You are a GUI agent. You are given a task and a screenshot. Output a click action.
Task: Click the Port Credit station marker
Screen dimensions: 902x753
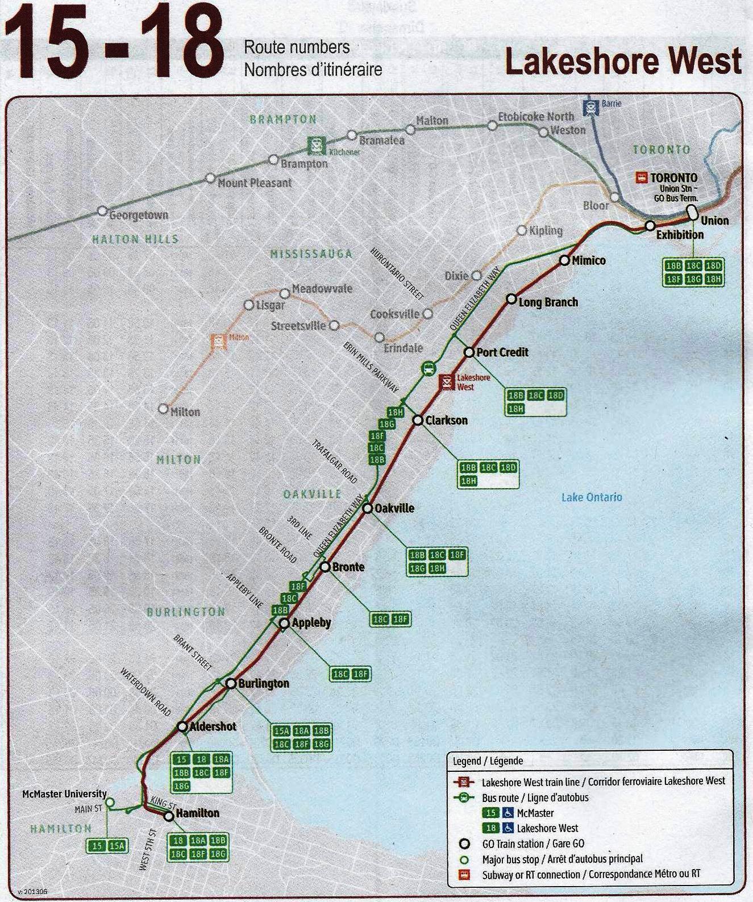469,352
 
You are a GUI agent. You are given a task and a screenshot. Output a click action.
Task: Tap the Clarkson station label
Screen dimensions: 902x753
447,421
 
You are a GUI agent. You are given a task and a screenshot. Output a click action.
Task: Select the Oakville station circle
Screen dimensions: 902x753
367,508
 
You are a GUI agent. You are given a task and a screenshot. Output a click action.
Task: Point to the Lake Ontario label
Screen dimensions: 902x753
592,497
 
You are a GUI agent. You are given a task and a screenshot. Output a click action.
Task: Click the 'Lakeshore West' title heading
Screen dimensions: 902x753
623,61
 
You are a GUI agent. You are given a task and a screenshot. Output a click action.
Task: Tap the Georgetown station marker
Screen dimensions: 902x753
102,211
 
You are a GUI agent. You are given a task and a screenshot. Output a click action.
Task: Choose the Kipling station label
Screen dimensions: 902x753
546,231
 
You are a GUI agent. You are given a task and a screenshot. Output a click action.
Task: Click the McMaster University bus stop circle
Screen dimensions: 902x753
110,803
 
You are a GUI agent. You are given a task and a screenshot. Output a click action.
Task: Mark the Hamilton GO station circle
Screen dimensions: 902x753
169,816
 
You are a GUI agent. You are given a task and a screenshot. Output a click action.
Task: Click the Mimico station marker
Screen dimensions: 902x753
564,260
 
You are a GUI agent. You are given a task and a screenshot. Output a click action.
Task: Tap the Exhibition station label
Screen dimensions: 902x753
680,235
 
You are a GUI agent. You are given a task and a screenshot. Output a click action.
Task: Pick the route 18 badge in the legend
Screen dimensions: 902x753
490,828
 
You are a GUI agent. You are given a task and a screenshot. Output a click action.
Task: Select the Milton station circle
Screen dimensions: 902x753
164,409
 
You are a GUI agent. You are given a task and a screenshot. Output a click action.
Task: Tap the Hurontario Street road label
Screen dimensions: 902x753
397,274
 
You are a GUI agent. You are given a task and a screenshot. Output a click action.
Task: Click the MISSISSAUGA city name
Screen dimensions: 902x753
311,254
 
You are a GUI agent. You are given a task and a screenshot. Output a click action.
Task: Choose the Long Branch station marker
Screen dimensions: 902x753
511,299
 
